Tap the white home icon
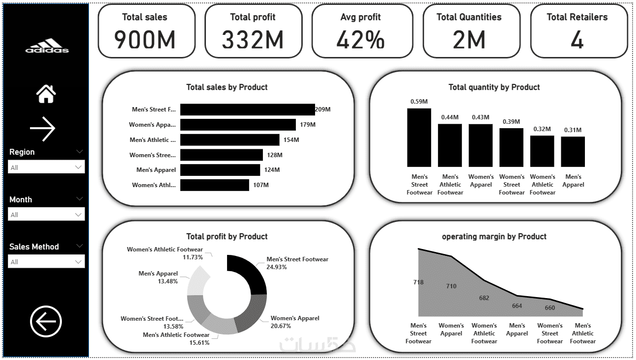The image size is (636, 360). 46,93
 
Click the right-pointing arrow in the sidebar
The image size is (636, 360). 43,129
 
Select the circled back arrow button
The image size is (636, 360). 46,322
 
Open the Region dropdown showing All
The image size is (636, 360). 47,167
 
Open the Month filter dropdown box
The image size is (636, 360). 47,215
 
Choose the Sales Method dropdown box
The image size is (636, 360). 47,262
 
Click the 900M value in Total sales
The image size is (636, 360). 145,40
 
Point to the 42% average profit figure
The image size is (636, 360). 360,40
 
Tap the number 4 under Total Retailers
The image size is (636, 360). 577,40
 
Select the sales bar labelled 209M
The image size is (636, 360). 247,110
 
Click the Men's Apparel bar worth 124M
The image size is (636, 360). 220,170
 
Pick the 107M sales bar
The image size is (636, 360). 214,185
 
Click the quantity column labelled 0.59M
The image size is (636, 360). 419,138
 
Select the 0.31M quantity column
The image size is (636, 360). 573,152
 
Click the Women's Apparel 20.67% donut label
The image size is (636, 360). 294,322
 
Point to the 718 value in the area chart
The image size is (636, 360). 418,282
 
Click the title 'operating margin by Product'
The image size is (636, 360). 494,236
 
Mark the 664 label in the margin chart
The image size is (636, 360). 517,306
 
